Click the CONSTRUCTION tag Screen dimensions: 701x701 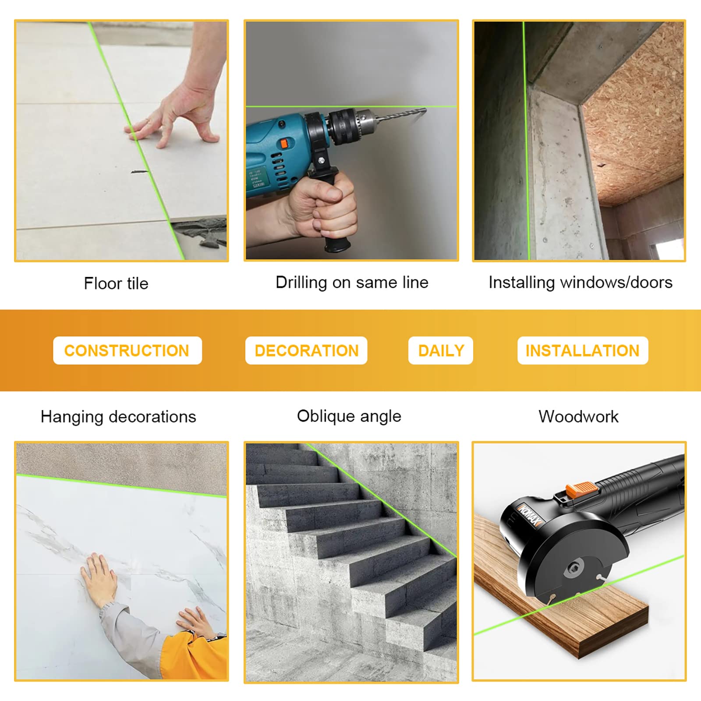[x=127, y=350]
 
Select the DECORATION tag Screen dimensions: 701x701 [x=306, y=350]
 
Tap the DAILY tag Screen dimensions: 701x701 [x=441, y=350]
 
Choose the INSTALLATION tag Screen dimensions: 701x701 [x=582, y=350]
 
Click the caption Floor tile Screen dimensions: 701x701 [x=116, y=283]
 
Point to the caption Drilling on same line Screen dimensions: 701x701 [x=352, y=283]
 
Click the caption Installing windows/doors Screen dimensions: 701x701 [x=580, y=283]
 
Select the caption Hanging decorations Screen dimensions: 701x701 [x=118, y=417]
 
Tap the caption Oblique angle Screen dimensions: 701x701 [x=349, y=416]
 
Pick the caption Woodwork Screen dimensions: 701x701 [x=578, y=417]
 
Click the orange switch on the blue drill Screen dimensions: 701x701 [x=284, y=144]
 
